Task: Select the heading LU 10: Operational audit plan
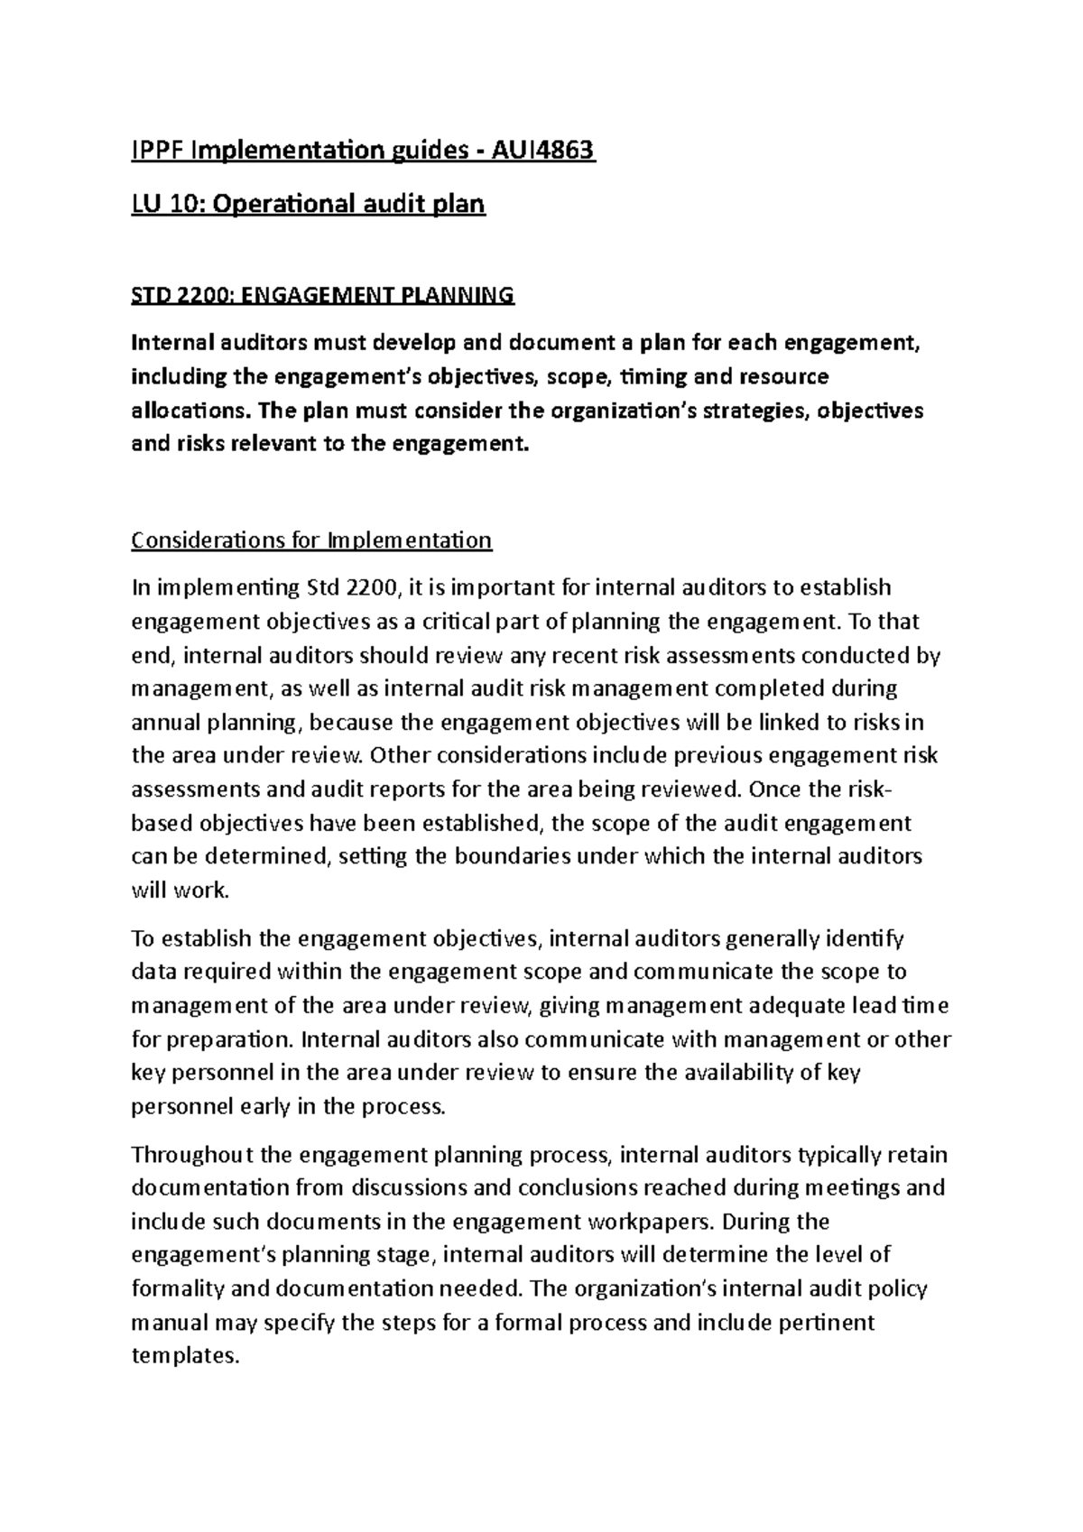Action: point(309,204)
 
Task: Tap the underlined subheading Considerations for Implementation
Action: point(311,540)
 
